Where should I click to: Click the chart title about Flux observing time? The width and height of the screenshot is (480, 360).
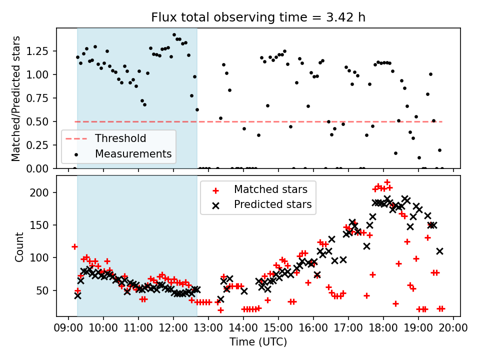point(258,17)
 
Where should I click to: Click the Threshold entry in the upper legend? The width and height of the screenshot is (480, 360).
point(120,138)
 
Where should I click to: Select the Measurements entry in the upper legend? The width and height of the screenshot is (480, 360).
point(133,153)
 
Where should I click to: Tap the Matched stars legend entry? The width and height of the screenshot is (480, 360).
point(270,189)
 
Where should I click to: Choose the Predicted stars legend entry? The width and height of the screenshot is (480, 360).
point(272,204)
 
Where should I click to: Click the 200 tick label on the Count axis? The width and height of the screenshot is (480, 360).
point(45,192)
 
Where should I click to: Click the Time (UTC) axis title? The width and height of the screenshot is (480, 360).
point(258,342)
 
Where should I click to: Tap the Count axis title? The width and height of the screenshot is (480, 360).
point(19,246)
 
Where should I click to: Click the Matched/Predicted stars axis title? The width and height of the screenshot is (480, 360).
point(16,98)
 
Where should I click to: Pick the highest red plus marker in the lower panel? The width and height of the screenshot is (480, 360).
point(387,182)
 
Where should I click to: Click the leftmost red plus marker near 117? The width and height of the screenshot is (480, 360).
point(74,246)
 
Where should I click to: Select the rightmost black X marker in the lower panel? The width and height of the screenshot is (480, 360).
point(440,251)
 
